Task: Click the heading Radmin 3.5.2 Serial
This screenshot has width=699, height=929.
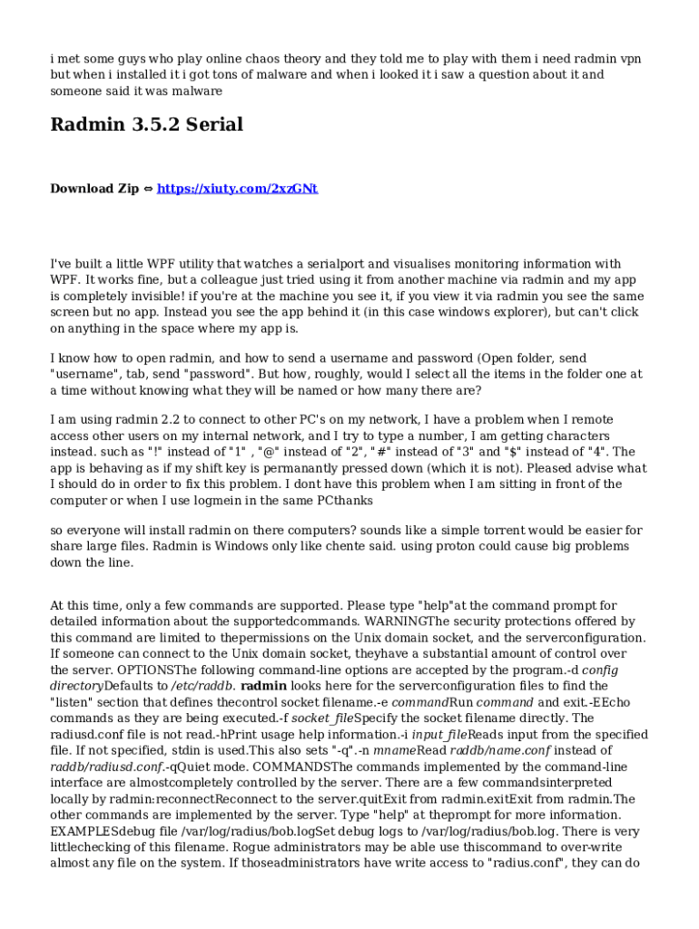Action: point(146,124)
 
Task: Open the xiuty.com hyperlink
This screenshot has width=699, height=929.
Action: point(237,189)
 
